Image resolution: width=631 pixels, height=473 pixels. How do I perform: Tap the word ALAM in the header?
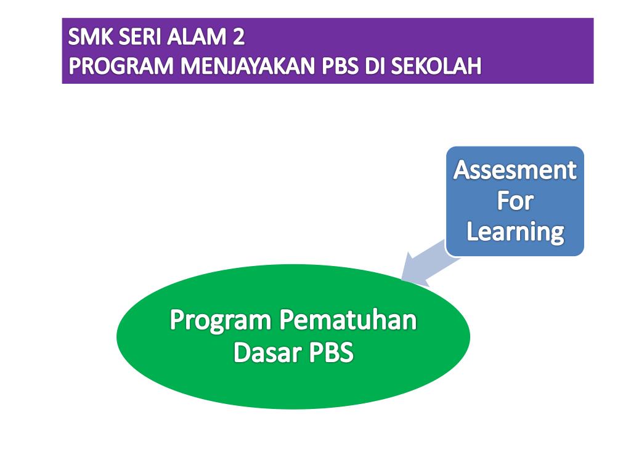pos(196,38)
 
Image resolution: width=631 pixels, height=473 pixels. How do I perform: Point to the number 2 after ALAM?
pos(238,38)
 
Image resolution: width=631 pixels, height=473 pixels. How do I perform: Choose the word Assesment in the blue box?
pos(515,171)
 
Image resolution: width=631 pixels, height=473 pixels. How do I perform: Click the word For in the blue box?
pos(515,201)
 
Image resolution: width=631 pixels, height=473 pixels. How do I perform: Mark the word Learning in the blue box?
pos(515,232)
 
